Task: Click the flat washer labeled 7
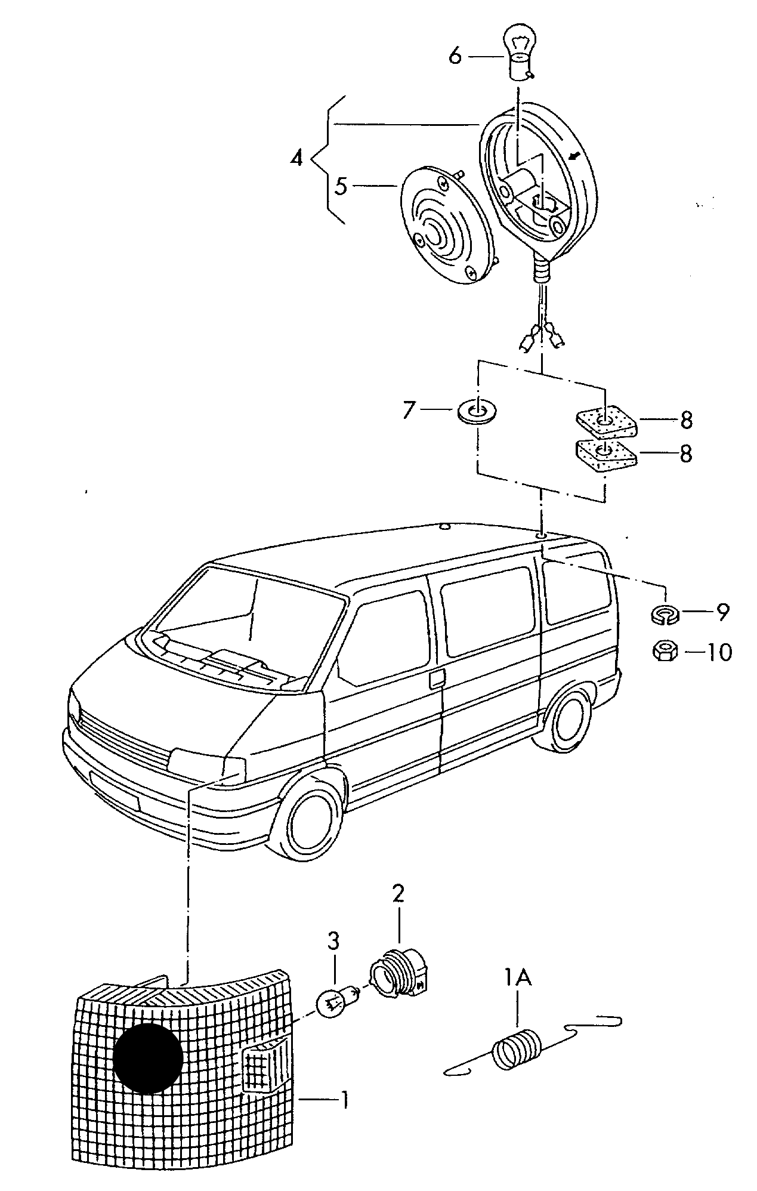pyautogui.click(x=478, y=411)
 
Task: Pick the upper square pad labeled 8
pyautogui.click(x=605, y=422)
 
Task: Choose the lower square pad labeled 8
pyautogui.click(x=605, y=455)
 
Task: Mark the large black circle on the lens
pyautogui.click(x=147, y=1058)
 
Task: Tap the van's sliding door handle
pyautogui.click(x=436, y=678)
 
